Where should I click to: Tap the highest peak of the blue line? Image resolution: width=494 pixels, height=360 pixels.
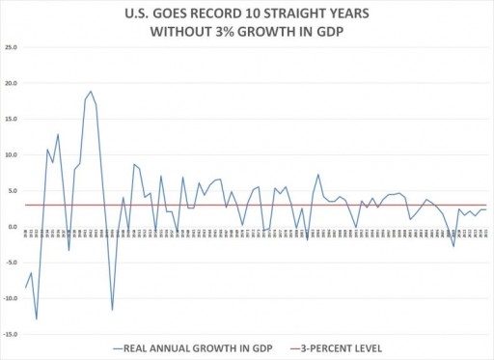91,92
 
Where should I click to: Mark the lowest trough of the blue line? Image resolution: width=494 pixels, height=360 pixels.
36,318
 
